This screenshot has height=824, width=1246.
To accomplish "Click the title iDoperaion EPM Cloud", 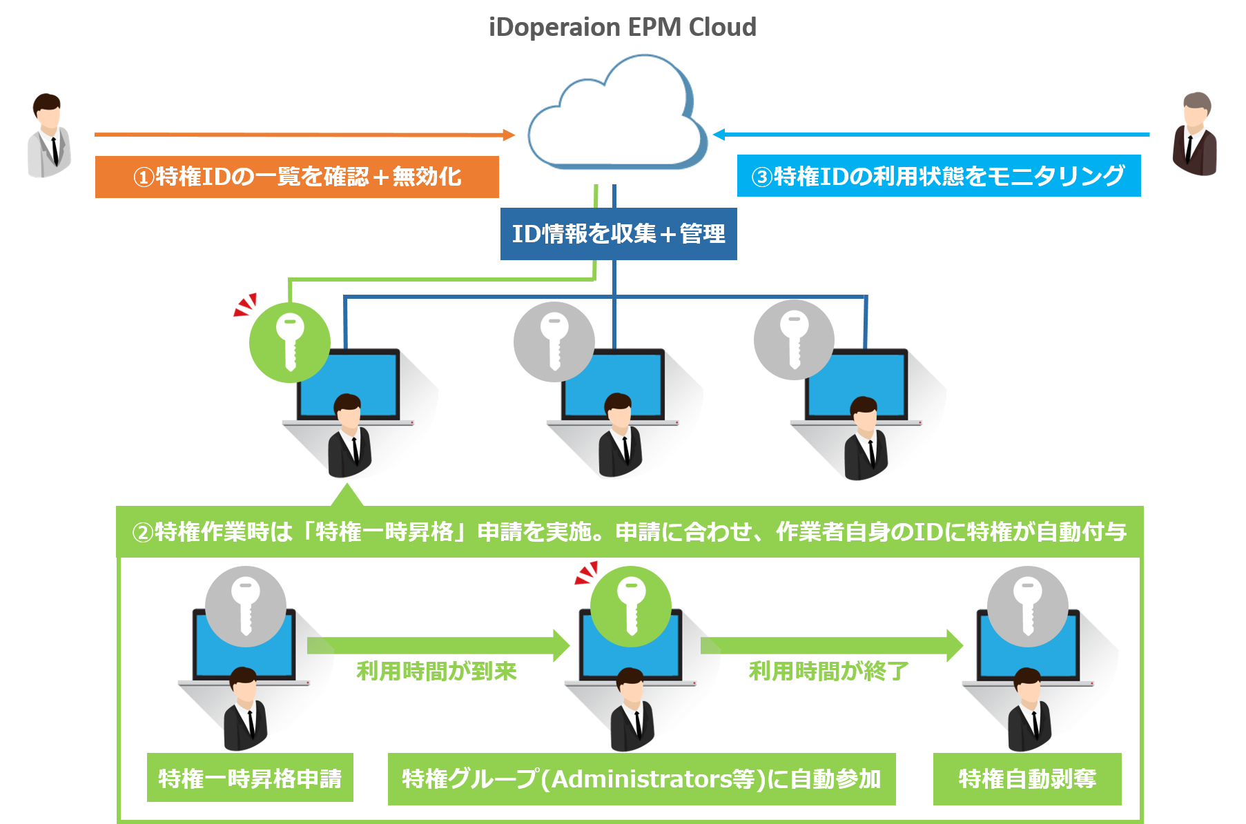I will coord(623,28).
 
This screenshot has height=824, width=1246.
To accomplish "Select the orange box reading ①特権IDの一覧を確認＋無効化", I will coord(297,177).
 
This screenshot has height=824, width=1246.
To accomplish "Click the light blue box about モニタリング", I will coord(939,177).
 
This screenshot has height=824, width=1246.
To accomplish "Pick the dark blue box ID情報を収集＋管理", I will coord(619,234).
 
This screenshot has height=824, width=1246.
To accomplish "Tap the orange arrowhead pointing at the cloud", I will coord(509,135).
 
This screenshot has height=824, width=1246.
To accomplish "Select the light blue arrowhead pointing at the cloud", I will coord(719,135).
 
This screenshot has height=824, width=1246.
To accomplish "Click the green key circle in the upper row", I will coord(290,342).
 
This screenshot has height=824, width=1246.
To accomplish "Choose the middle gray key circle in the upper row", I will coord(554,342).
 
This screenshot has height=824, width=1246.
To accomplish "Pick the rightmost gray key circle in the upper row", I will coord(795,340).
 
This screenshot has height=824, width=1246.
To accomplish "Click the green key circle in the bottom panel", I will coord(631,606).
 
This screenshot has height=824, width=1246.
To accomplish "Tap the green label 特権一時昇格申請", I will coord(250,778).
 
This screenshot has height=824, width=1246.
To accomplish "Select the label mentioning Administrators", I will coord(641,779).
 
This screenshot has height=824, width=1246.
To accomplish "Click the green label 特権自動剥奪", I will coord(1027,779).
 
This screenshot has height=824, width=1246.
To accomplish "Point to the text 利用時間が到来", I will coord(436,671).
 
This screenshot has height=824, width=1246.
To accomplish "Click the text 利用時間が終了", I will coord(828,671).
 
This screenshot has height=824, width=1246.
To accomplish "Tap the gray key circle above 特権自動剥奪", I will coord(1027,607).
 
